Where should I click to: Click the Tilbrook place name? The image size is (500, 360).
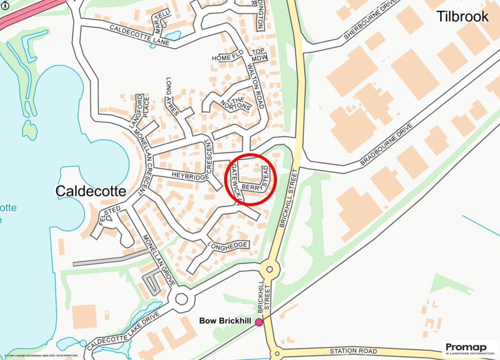coord(462,17)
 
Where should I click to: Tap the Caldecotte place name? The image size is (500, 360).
coord(90,191)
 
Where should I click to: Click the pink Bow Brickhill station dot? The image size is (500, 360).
coord(259,322)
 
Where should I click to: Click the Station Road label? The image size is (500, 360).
coord(353,351)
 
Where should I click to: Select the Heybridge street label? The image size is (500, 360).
coord(189,176)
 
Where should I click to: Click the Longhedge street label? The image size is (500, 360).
coord(229,245)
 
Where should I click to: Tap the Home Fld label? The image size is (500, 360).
coord(228,58)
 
